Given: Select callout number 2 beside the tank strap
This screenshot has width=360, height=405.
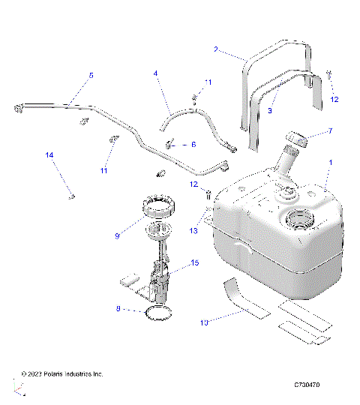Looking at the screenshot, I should [217, 50].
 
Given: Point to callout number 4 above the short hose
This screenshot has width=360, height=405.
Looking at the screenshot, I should [155, 73].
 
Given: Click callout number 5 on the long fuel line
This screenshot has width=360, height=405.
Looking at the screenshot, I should [91, 75].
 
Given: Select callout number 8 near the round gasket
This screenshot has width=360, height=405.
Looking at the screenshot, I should [118, 307].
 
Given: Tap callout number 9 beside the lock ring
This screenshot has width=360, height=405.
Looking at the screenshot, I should [118, 235].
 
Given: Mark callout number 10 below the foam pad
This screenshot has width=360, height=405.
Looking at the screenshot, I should [203, 322].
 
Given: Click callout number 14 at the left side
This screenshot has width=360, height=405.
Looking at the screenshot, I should [49, 155].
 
